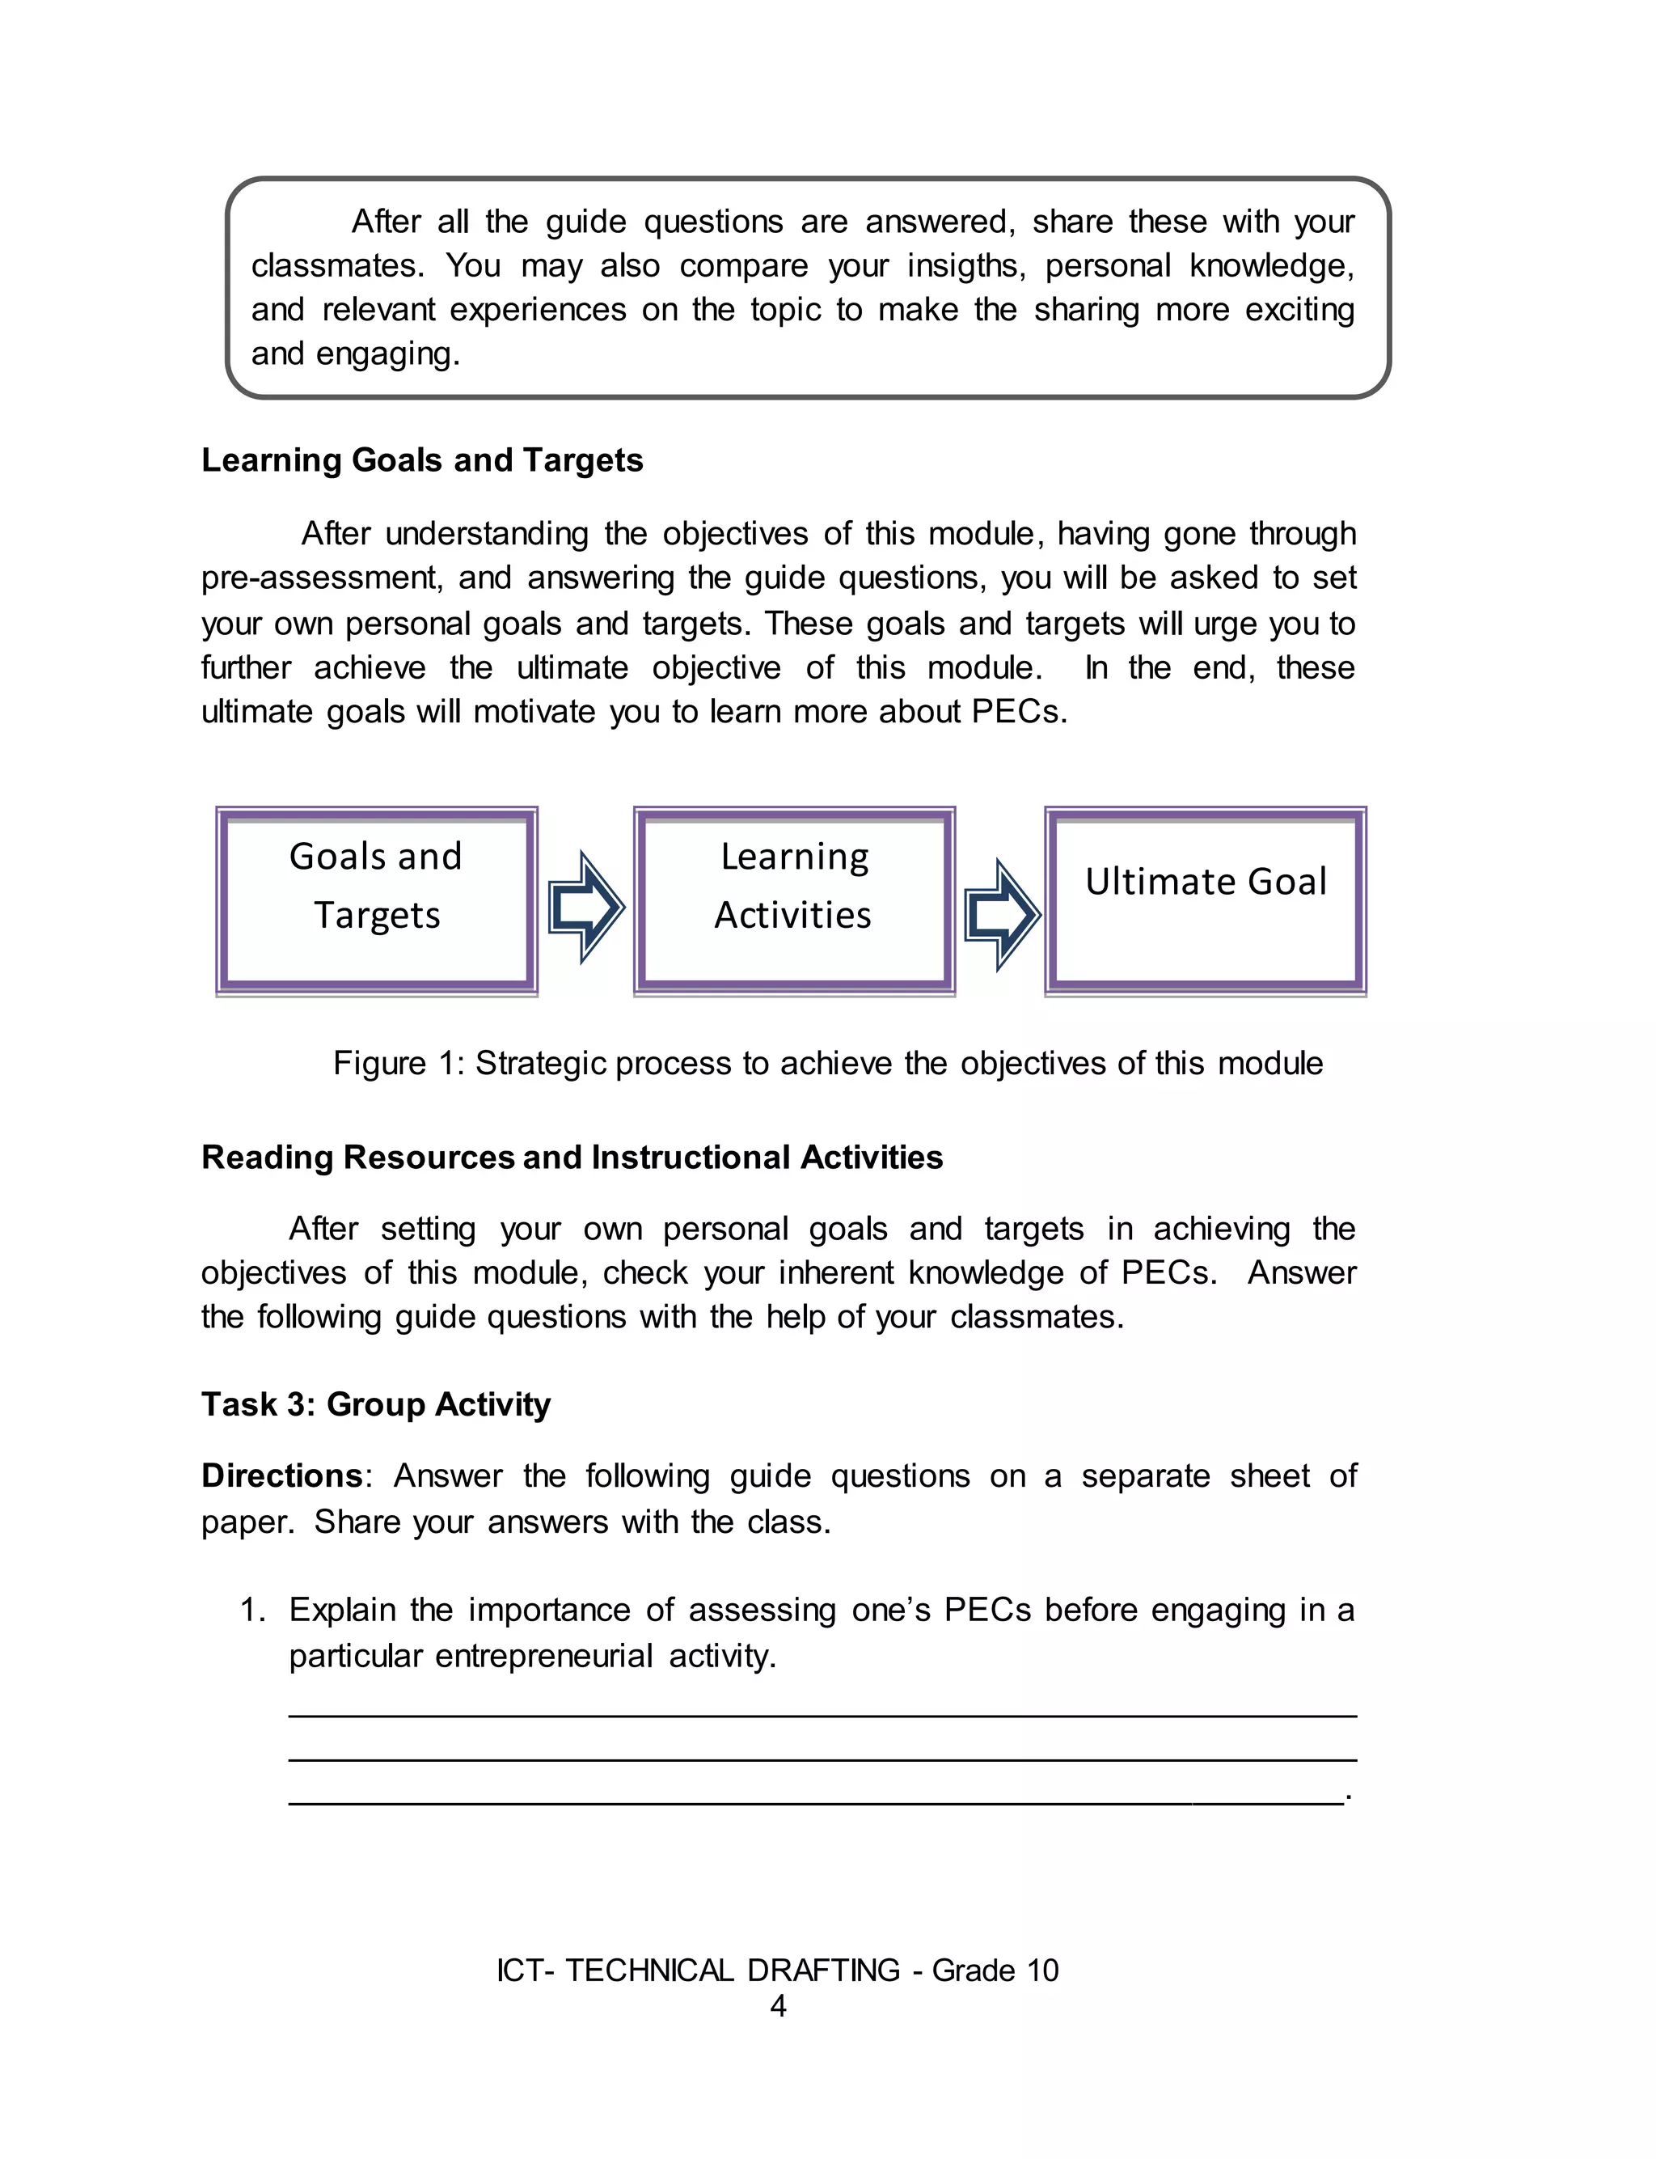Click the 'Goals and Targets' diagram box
pos(377,900)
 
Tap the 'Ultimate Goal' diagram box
pos(1206,900)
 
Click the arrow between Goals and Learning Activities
pos(585,906)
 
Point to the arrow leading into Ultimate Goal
pos(1002,914)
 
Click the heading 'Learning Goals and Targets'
pos(422,460)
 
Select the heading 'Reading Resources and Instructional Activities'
pos(572,1157)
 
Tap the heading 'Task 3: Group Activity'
pos(375,1403)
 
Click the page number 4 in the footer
pos(778,2006)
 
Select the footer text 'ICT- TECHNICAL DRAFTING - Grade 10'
pos(778,1970)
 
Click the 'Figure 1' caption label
pos(398,1064)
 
